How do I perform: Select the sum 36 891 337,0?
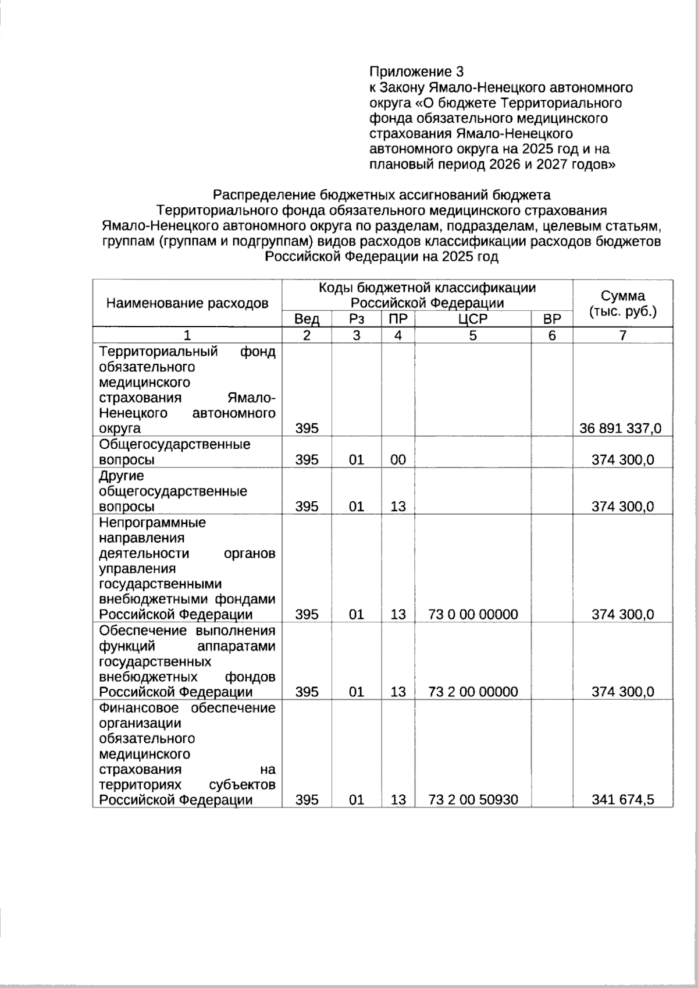(x=621, y=429)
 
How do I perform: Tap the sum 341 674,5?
(x=622, y=799)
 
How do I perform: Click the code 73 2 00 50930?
(x=472, y=799)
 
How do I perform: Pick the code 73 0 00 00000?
(x=472, y=614)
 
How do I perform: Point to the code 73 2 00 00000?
(x=472, y=692)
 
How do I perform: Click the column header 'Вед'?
(x=307, y=318)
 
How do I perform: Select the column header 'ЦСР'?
(x=472, y=318)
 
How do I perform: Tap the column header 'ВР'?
(x=551, y=318)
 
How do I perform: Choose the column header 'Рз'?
(x=356, y=318)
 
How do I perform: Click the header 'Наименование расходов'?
(x=187, y=303)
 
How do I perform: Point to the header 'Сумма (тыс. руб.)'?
(x=622, y=303)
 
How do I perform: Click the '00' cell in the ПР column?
(x=398, y=459)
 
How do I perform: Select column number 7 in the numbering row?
(x=622, y=335)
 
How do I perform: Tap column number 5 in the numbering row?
(x=472, y=335)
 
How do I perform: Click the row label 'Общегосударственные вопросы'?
(x=174, y=452)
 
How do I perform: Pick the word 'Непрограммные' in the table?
(x=152, y=522)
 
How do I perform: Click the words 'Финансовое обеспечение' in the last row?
(x=187, y=708)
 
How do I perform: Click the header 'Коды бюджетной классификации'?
(x=427, y=288)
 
